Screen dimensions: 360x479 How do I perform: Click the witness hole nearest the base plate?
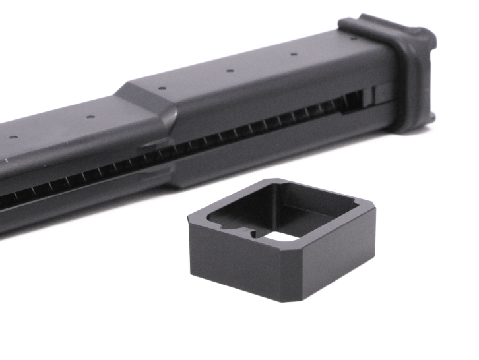click(x=291, y=55)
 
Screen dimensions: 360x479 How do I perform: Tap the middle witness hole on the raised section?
click(x=228, y=71)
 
